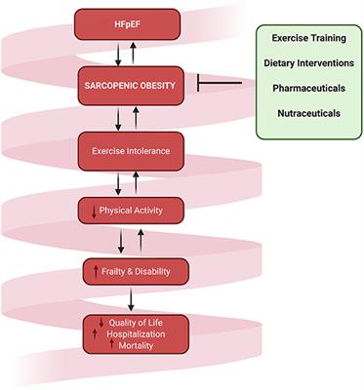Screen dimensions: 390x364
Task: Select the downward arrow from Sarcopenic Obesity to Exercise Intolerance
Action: click(117, 118)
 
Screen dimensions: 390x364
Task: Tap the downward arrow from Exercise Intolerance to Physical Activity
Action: click(117, 181)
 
